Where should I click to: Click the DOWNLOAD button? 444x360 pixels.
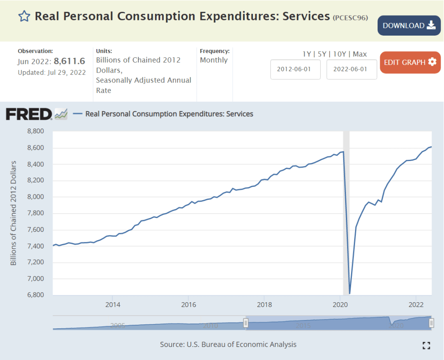[409, 26]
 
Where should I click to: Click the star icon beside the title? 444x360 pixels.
[24, 17]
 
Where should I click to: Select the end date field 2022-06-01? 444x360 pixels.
[352, 69]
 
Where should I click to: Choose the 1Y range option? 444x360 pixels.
[307, 54]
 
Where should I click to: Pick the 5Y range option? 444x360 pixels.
[322, 54]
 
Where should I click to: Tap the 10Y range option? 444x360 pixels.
[339, 54]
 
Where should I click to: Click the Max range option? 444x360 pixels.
[360, 54]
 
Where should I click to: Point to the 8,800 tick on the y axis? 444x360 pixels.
[36, 131]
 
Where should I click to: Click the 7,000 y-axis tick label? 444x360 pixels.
[36, 278]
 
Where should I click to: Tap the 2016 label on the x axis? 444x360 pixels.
[188, 303]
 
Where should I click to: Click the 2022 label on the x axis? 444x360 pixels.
[416, 303]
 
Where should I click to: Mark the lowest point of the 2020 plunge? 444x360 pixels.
[350, 293]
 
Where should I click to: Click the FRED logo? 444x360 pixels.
[29, 114]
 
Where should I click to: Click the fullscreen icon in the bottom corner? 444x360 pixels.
[426, 345]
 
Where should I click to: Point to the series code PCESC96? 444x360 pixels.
[350, 18]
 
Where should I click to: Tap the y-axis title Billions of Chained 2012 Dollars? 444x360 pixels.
[13, 213]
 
